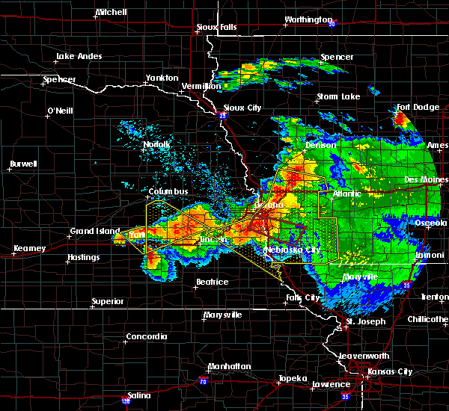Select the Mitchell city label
point(111,13)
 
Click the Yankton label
point(162,78)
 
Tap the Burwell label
point(23,164)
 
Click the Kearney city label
point(29,248)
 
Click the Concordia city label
point(146,336)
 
